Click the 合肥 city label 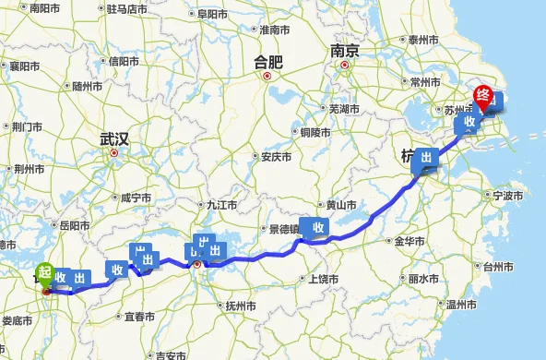click(268, 63)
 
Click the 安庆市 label click(276, 157)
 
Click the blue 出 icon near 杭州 click(425, 158)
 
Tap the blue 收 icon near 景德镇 click(316, 227)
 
